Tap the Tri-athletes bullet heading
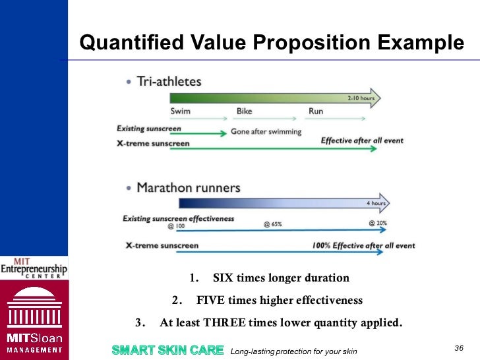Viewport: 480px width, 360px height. pos(169,82)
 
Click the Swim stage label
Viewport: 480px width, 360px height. pos(181,111)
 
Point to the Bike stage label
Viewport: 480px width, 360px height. pos(245,111)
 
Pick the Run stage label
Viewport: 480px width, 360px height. pos(316,111)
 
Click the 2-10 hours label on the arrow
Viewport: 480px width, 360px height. pos(361,98)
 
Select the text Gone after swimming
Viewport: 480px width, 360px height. pos(266,132)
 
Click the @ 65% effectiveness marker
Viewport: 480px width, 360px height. pos(272,224)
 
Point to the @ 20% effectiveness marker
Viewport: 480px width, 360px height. pos(378,224)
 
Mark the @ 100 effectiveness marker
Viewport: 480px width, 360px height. pos(175,225)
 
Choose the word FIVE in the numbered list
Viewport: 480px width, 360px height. pos(212,301)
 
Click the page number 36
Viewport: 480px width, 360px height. pos(460,348)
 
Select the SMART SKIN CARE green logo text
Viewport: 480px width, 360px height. pos(167,349)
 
